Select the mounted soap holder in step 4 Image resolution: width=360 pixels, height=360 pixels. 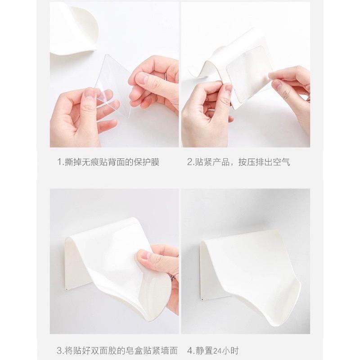coord(252,265)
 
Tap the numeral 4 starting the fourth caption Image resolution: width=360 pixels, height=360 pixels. coord(189,350)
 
